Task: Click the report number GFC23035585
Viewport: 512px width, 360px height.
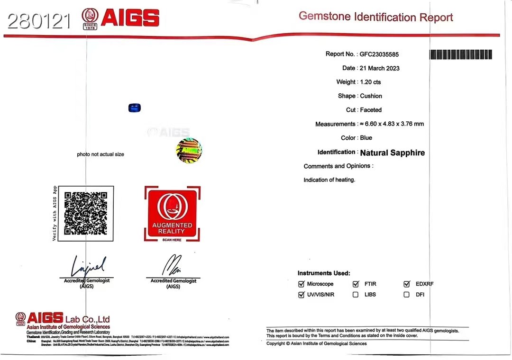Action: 379,54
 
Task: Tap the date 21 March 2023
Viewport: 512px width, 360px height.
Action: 380,68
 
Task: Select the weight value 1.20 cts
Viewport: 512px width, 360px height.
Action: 370,82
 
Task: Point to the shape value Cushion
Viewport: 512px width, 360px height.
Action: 371,96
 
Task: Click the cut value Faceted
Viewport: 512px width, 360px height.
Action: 371,110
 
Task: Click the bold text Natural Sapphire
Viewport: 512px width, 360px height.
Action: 393,153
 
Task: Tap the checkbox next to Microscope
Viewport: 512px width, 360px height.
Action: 301,284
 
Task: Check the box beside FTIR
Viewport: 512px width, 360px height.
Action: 356,284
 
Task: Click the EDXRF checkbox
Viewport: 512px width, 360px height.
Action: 406,284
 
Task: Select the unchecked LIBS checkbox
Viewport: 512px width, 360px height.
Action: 356,295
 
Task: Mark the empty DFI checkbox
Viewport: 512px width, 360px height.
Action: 406,295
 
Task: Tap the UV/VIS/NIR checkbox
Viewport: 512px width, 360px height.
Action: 301,295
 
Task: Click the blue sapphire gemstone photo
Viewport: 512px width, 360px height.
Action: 135,108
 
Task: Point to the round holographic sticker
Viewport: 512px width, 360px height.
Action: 189,151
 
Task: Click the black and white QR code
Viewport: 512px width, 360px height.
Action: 86,213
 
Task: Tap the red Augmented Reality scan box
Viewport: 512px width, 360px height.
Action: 172,213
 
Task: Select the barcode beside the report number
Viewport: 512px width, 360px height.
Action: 460,54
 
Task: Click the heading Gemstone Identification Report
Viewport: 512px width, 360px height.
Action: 375,18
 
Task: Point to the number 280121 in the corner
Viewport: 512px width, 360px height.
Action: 39,21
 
